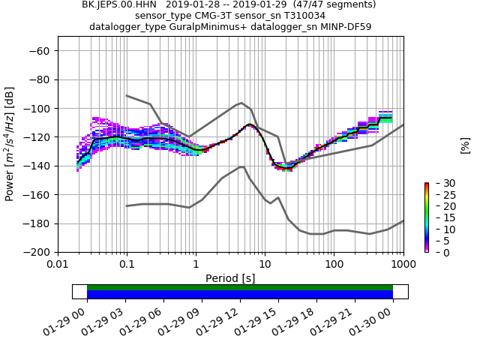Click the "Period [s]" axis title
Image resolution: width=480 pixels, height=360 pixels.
(230, 278)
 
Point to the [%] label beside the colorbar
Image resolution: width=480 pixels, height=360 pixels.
(465, 145)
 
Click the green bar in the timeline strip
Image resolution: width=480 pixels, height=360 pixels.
(240, 287)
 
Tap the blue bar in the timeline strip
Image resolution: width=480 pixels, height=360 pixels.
(240, 295)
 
